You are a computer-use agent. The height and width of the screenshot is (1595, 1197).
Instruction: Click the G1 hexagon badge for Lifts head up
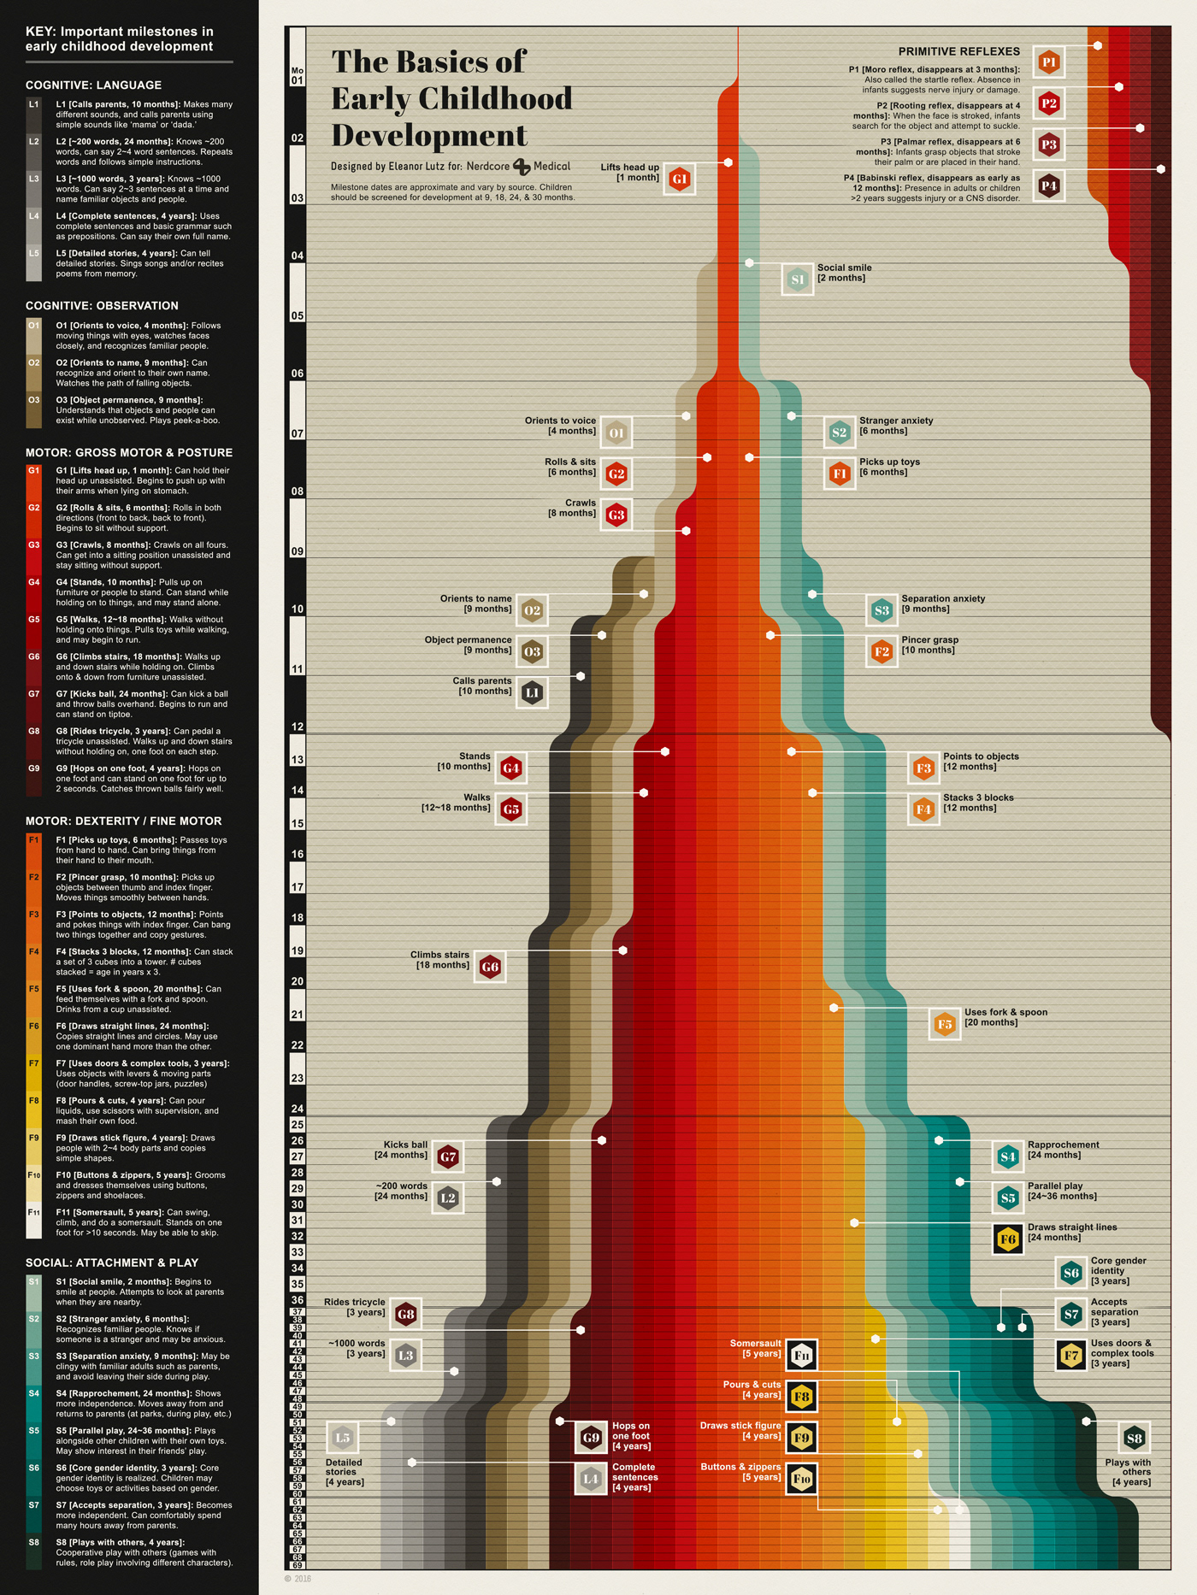[680, 179]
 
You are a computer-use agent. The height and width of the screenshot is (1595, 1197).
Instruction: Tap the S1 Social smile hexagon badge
[798, 280]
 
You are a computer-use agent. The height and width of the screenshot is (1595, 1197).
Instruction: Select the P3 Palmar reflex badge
[1049, 144]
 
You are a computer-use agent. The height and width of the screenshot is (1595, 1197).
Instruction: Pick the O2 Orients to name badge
[532, 610]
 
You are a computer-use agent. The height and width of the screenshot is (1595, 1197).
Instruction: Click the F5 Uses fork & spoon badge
[945, 1024]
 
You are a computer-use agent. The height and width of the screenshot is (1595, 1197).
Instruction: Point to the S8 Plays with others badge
[1135, 1439]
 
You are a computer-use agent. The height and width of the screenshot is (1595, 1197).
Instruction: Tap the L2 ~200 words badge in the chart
[448, 1198]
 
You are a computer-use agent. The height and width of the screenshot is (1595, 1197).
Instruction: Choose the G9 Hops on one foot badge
[591, 1438]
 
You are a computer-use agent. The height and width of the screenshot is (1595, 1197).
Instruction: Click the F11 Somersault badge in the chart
[801, 1355]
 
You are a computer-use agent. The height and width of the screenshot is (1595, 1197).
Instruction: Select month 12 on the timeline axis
[298, 727]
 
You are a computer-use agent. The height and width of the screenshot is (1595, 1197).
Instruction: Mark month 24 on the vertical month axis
[298, 1109]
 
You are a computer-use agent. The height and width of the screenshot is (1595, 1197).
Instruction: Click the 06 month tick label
[298, 374]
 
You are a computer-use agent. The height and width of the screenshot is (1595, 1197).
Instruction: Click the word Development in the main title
[429, 136]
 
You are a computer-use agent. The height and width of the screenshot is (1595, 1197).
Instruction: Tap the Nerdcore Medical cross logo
[522, 167]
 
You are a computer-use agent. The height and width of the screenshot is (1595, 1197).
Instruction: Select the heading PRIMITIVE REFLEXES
[958, 51]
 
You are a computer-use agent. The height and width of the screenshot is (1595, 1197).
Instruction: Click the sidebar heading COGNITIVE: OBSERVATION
[102, 306]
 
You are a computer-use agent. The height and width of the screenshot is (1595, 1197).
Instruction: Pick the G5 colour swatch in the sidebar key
[34, 631]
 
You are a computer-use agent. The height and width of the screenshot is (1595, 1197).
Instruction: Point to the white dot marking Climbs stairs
[623, 951]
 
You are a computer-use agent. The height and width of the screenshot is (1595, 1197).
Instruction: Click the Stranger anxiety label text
[896, 421]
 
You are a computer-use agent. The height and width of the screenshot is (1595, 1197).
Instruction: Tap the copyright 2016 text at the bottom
[298, 1579]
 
